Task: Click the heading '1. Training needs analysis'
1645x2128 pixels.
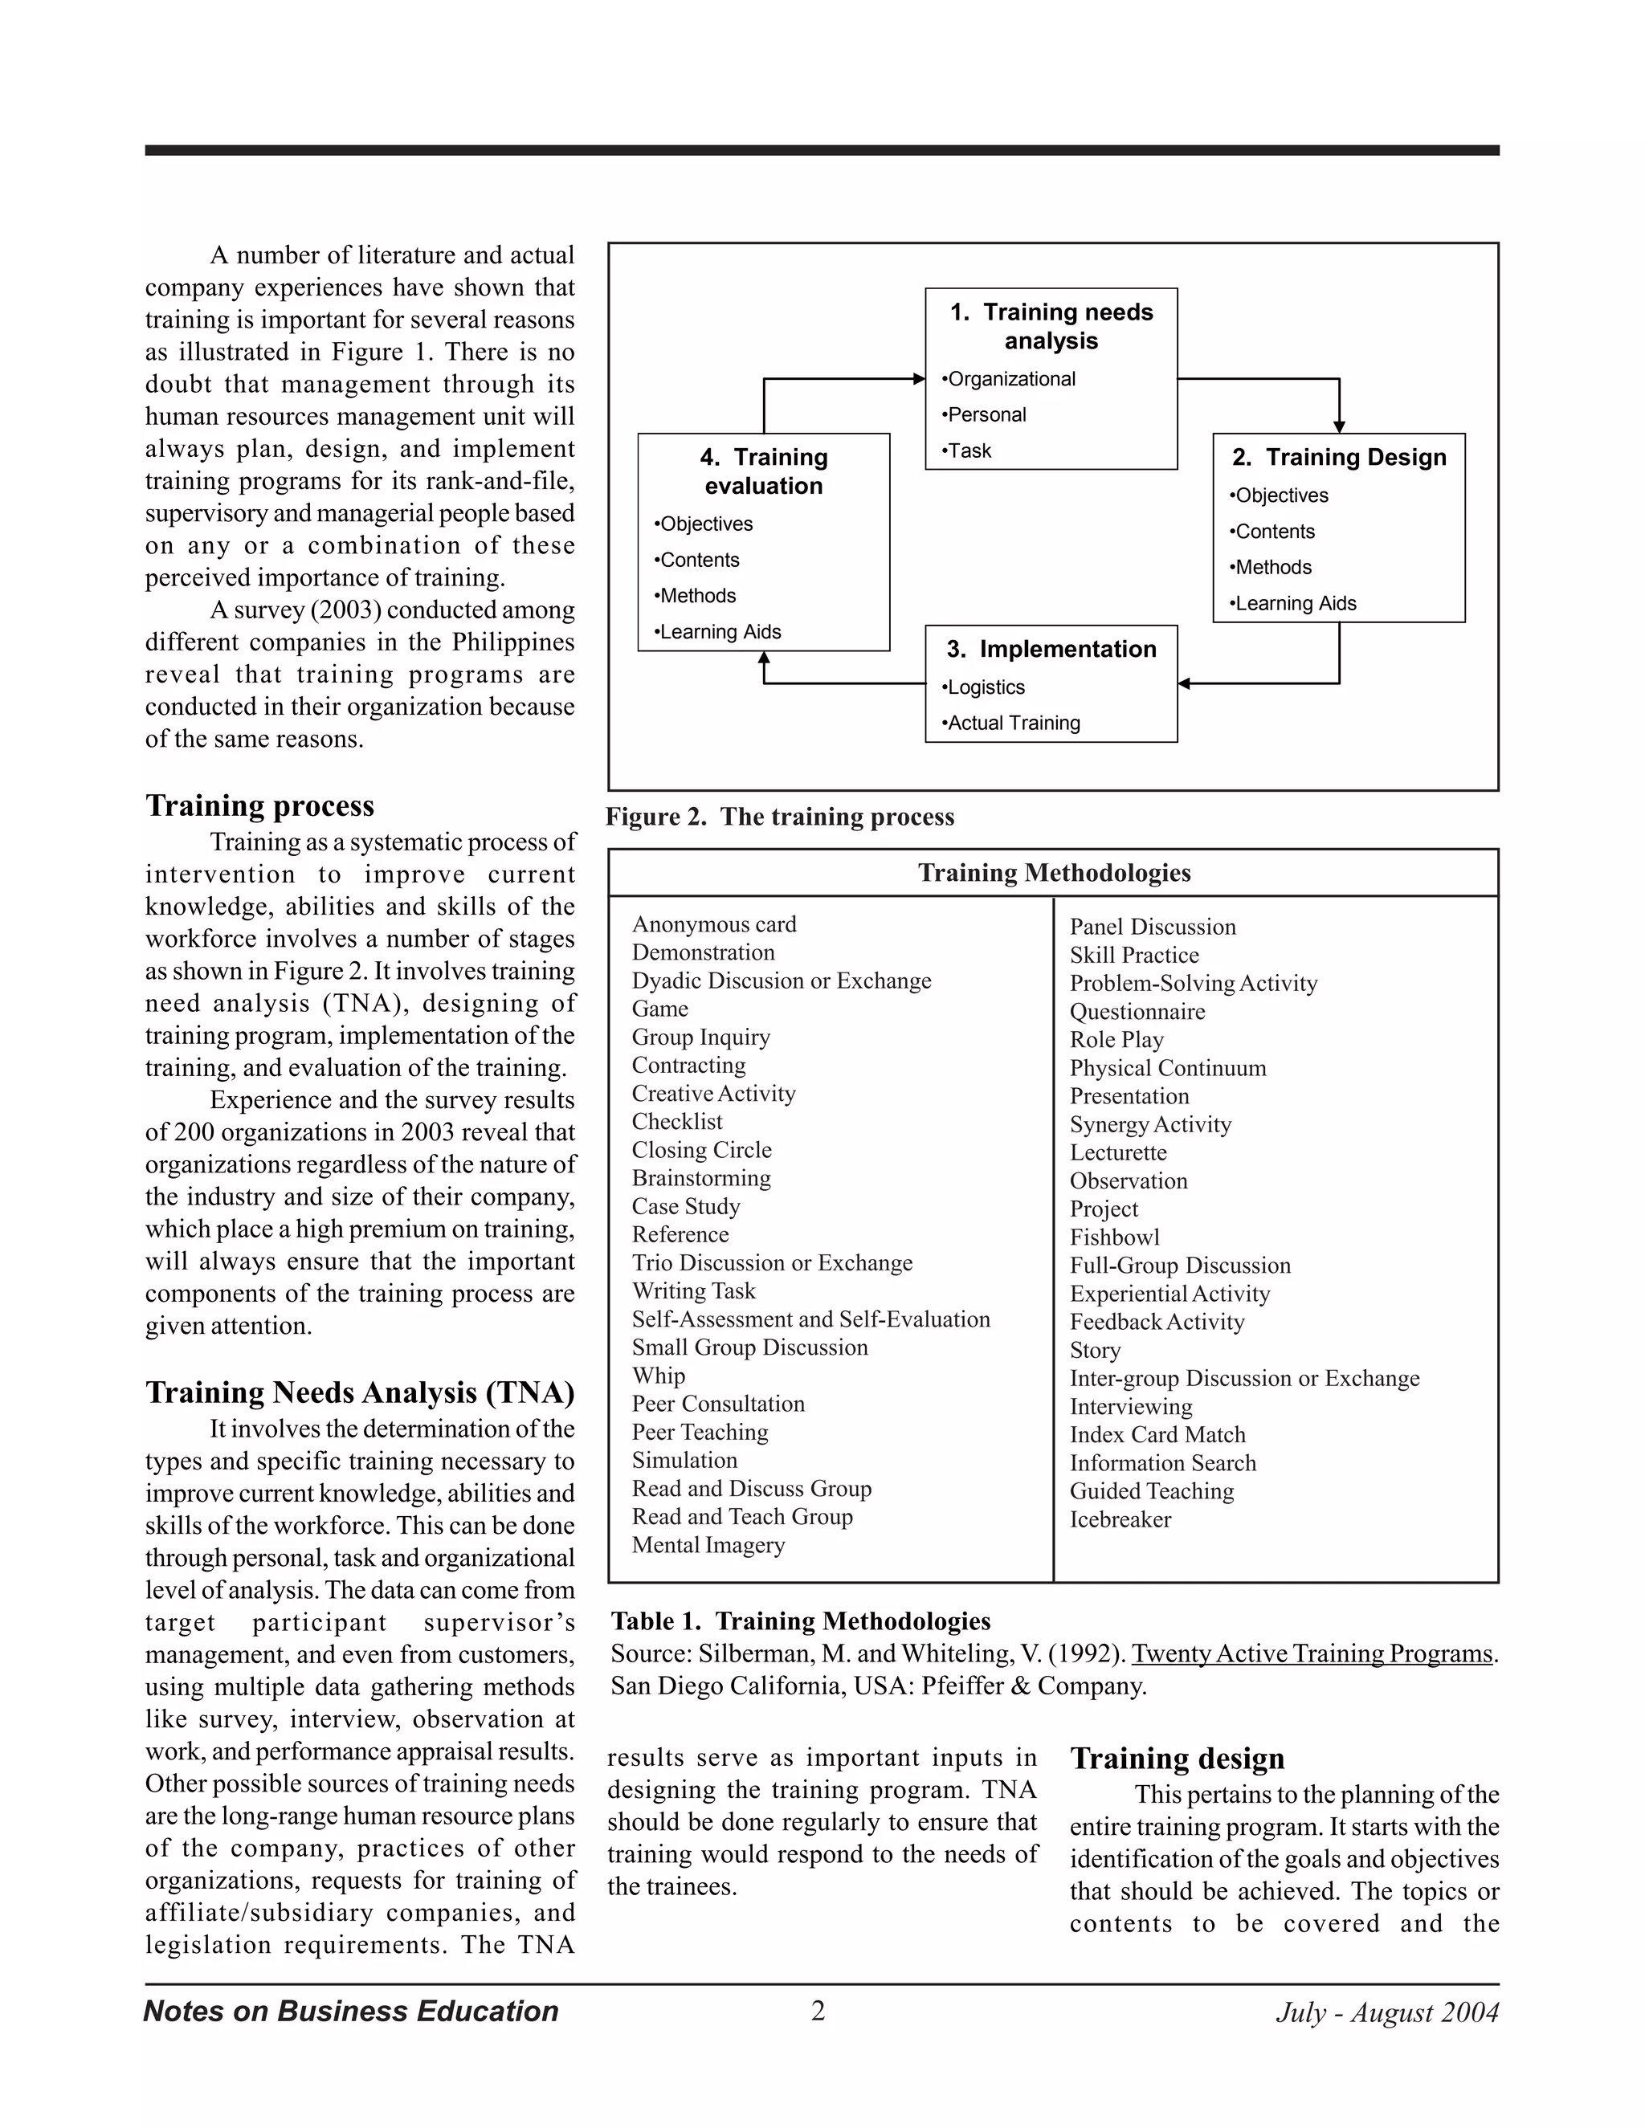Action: (1051, 326)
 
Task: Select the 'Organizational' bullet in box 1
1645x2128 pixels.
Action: (1010, 379)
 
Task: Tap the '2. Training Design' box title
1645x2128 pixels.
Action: (1338, 457)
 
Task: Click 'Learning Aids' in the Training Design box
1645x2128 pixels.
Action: (1295, 603)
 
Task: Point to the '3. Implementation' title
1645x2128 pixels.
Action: (1051, 649)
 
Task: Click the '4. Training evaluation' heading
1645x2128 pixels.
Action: (763, 471)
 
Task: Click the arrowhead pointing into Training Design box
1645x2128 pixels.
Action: (1339, 426)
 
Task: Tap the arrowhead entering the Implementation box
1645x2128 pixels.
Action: (1184, 684)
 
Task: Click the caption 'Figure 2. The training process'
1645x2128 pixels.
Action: (780, 817)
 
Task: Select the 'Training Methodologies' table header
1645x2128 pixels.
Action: (1054, 872)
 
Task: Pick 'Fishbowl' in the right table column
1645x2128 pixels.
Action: (1114, 1237)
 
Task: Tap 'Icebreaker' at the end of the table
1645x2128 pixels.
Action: (1120, 1519)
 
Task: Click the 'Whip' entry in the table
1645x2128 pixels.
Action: (658, 1376)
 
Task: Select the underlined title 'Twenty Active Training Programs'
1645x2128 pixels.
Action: (1312, 1653)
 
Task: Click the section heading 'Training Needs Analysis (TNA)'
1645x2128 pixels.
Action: (360, 1392)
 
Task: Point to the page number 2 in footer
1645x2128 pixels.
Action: (818, 2011)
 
